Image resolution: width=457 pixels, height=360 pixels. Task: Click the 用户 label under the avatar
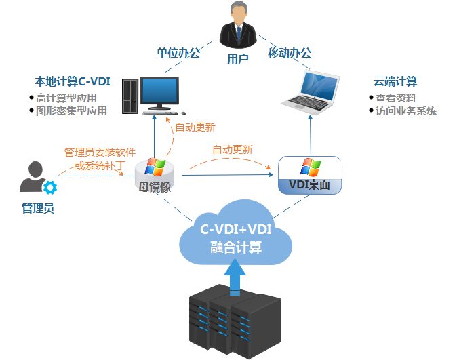[x=237, y=59]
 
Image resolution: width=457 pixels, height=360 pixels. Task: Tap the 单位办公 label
[x=178, y=52]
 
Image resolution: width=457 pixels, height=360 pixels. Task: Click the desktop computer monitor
[x=159, y=94]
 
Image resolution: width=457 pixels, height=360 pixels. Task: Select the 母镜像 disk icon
[x=155, y=174]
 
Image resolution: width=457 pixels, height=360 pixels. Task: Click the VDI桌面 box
[x=310, y=176]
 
